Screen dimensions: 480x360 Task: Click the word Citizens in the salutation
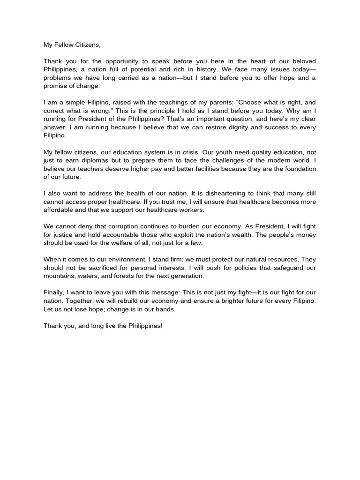click(x=87, y=45)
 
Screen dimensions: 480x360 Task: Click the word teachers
click(x=97, y=169)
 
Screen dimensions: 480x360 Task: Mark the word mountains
click(x=59, y=276)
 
